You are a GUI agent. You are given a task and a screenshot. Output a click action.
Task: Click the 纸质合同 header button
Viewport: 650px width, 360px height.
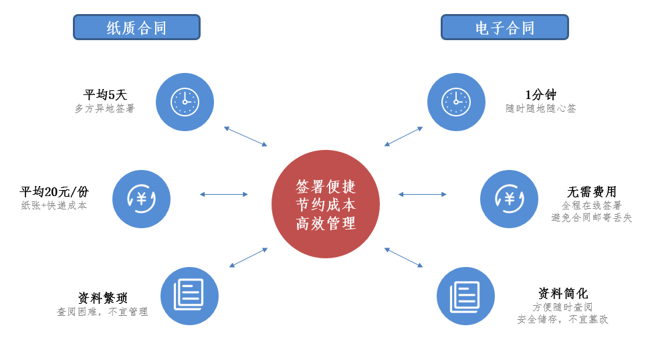tap(136, 27)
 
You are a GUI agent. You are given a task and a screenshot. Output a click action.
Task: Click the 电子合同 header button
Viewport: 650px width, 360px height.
tap(504, 27)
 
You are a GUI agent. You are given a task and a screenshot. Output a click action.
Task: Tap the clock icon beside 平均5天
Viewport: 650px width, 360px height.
tap(185, 102)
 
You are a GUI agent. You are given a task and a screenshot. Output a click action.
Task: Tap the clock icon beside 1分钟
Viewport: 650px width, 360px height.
tap(456, 102)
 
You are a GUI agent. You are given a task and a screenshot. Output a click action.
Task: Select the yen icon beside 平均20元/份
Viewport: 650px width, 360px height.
tap(141, 199)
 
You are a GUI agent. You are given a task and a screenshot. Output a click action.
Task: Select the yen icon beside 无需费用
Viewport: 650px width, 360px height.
tap(509, 199)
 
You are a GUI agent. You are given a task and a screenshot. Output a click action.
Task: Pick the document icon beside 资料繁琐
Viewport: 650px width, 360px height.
tap(189, 296)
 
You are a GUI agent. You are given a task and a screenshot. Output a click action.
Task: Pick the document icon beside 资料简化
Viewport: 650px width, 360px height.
tap(465, 296)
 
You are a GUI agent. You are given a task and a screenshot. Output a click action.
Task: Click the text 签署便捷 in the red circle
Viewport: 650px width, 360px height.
tap(326, 186)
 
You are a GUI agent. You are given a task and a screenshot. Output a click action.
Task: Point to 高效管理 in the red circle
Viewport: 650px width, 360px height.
tap(326, 223)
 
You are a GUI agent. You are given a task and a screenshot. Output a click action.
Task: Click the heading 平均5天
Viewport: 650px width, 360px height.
tap(105, 95)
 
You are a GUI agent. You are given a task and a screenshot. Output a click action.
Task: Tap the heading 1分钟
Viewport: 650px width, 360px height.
tap(540, 95)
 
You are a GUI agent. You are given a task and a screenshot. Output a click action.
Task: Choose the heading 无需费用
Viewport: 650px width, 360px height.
tap(592, 192)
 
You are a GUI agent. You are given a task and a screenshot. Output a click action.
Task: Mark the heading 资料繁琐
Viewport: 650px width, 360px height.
tap(102, 298)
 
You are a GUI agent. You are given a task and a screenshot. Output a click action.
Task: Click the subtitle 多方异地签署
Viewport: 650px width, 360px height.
tap(105, 108)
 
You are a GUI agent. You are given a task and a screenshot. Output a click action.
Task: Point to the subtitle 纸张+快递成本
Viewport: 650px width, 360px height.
tap(54, 205)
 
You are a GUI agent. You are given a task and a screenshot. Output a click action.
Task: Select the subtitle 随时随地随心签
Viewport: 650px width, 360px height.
tap(541, 108)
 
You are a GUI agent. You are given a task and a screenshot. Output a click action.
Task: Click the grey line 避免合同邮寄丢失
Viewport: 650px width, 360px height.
tap(592, 217)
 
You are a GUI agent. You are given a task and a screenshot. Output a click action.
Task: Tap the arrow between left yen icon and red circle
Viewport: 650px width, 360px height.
tap(223, 194)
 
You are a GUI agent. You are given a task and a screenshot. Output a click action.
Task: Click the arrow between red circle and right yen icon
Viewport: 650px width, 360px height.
tap(422, 194)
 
